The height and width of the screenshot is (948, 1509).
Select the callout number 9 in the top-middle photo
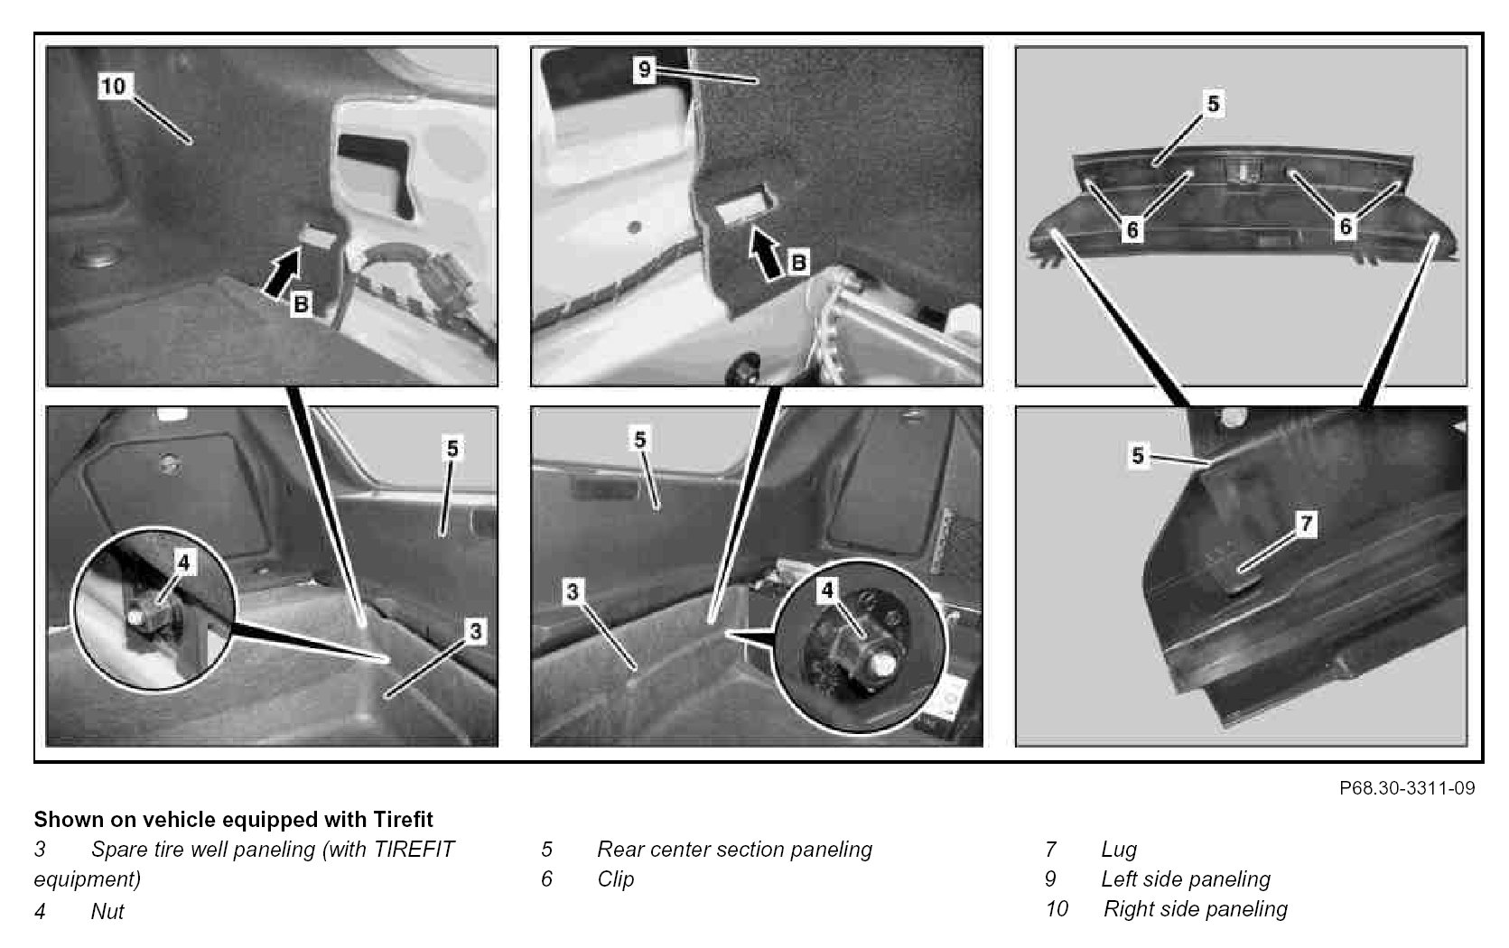point(643,69)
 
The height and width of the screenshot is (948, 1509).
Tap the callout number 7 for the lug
point(1306,524)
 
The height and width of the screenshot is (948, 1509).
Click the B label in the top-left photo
point(301,305)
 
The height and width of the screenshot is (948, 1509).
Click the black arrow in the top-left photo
point(283,273)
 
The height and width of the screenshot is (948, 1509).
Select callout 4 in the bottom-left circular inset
point(183,562)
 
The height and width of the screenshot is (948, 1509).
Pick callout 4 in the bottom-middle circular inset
point(827,590)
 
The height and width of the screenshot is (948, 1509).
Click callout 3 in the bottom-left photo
point(476,632)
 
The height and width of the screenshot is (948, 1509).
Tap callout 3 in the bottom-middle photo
point(573,592)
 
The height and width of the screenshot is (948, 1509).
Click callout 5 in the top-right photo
point(1213,104)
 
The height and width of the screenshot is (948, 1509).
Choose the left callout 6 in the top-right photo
point(1132,230)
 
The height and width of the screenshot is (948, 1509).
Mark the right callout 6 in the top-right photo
point(1346,226)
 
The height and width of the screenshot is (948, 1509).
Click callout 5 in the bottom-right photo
point(1137,456)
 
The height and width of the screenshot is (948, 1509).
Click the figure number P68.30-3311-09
point(1407,788)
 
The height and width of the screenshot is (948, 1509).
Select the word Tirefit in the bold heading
point(402,820)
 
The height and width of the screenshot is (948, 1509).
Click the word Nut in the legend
point(107,912)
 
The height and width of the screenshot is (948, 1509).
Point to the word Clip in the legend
point(616,879)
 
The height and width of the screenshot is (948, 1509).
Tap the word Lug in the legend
point(1119,850)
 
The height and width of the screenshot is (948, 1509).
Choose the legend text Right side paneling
point(1195,909)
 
